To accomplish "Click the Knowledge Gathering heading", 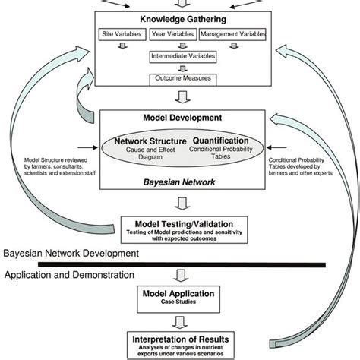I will click(179, 20).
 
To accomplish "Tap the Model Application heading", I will click(179, 292).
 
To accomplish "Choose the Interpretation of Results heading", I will click(179, 336).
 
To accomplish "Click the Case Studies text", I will click(179, 302).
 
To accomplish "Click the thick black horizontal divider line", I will click(182, 264).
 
